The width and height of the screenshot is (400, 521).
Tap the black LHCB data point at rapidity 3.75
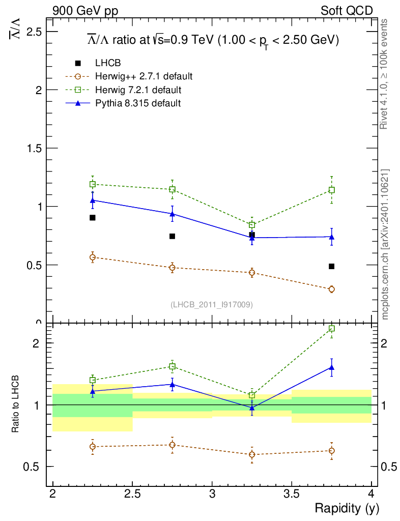click(331, 266)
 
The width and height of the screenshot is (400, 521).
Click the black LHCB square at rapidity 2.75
click(172, 236)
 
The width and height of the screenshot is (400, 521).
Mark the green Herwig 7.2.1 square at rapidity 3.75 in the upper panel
click(332, 190)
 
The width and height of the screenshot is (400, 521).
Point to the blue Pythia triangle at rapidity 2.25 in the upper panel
click(93, 200)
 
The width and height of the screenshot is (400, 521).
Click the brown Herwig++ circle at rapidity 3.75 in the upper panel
click(332, 289)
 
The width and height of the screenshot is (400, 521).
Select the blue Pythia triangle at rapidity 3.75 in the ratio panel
click(332, 367)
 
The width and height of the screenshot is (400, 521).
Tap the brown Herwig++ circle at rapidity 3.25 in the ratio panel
click(252, 454)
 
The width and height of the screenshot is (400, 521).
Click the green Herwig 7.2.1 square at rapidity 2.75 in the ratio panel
click(172, 366)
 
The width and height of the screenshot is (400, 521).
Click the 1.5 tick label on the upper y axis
click(35, 148)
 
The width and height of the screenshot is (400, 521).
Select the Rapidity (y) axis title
click(347, 508)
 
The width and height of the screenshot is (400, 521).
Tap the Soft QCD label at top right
click(347, 11)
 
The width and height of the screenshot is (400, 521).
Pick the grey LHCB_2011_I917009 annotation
click(211, 304)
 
